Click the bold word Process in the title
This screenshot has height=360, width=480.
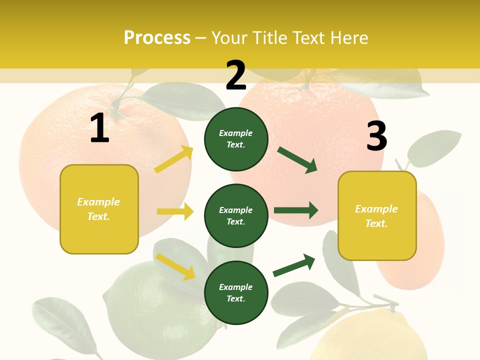pyautogui.click(x=157, y=37)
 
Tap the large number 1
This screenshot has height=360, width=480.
pyautogui.click(x=99, y=128)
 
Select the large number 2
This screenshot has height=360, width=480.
pyautogui.click(x=236, y=75)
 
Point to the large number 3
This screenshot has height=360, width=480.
pyautogui.click(x=376, y=136)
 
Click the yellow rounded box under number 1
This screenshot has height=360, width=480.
pyautogui.click(x=99, y=209)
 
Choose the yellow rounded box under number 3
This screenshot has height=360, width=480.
pyautogui.click(x=377, y=215)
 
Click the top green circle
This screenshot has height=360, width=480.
pyautogui.click(x=236, y=139)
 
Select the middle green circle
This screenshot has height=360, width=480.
pyautogui.click(x=236, y=215)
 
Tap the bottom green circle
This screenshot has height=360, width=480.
pyautogui.click(x=236, y=292)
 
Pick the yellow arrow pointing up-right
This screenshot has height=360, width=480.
pyautogui.click(x=174, y=159)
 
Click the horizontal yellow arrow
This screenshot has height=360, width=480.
pyautogui.click(x=175, y=211)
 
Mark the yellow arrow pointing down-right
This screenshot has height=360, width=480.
pyautogui.click(x=175, y=266)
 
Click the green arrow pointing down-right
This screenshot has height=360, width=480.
pyautogui.click(x=297, y=160)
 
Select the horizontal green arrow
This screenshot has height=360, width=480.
pyautogui.click(x=295, y=210)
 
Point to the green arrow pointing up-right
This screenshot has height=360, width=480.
pyautogui.click(x=294, y=265)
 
